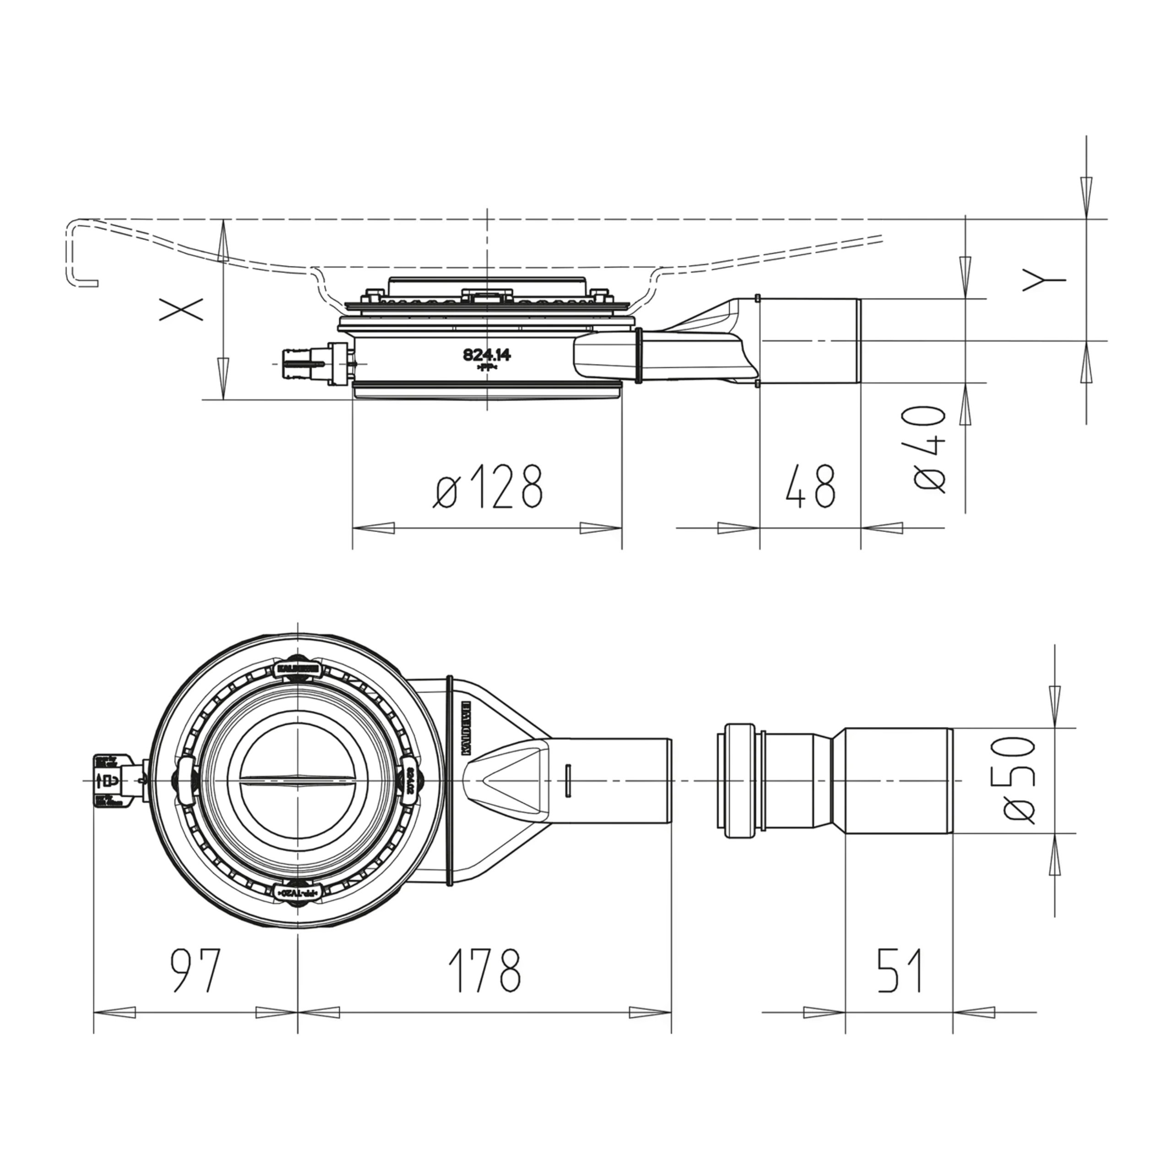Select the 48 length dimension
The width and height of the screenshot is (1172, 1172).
coord(810,487)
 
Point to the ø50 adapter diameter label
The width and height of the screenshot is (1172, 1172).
coord(1019,780)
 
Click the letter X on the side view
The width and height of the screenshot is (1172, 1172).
coord(181,310)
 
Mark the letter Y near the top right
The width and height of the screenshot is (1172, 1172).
coord(1044,280)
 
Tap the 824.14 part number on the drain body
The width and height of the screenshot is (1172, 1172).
coord(487,355)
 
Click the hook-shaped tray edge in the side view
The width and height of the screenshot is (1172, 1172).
coord(79,252)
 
